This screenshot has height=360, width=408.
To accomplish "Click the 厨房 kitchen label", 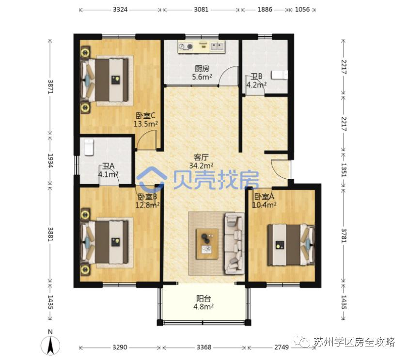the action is pyautogui.click(x=202, y=69).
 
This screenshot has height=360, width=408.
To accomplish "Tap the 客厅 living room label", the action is pyautogui.click(x=202, y=157).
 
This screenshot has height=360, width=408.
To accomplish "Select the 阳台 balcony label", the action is pyautogui.click(x=204, y=298).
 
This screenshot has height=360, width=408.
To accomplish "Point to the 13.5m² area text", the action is pyautogui.click(x=145, y=124).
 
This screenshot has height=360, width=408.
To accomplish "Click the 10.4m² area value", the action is pyautogui.click(x=265, y=205).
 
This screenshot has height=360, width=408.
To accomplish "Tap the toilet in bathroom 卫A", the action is pyautogui.click(x=89, y=147).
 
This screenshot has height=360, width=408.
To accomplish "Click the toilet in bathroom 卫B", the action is pyautogui.click(x=280, y=75).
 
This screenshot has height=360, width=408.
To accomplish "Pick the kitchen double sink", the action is pyautogui.click(x=217, y=46).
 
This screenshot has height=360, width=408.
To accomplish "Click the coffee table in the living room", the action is pyautogui.click(x=207, y=244).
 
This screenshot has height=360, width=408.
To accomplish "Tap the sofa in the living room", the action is pyautogui.click(x=235, y=243).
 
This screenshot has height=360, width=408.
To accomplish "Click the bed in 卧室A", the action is pyautogui.click(x=291, y=245).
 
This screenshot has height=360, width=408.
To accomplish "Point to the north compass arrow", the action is pyautogui.click(x=50, y=345).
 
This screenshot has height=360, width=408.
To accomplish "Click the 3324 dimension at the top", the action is pyautogui.click(x=120, y=10).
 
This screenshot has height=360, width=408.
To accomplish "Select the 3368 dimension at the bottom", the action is pyautogui.click(x=204, y=347).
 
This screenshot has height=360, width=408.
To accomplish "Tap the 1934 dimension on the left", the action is pyautogui.click(x=50, y=160).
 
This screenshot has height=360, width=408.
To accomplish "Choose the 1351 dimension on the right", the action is pyautogui.click(x=344, y=170).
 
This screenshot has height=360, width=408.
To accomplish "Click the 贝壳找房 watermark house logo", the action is pyautogui.click(x=152, y=179).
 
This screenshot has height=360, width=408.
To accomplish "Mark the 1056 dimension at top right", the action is pyautogui.click(x=302, y=10).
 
